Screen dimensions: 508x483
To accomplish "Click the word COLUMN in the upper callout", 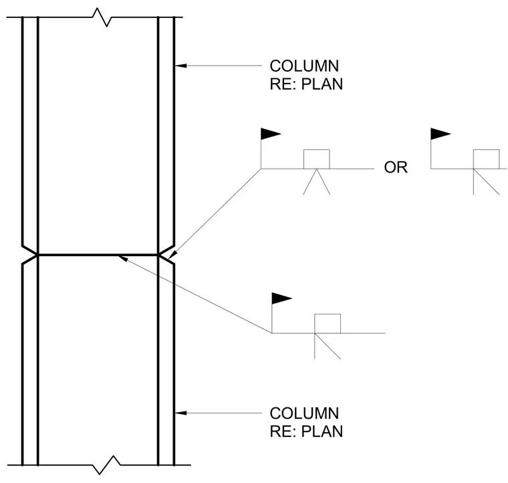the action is [x=304, y=66].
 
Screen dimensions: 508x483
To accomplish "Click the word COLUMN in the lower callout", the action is [x=304, y=413].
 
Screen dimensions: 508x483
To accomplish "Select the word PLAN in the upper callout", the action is [x=322, y=84].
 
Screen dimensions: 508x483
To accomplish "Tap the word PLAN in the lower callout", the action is [x=322, y=431].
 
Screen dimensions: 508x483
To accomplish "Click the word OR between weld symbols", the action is [x=396, y=168].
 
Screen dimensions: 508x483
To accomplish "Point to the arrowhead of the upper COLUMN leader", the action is [x=180, y=66].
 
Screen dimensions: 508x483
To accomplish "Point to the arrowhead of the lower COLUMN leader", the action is [x=180, y=413].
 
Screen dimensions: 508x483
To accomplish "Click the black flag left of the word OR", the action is [x=271, y=134].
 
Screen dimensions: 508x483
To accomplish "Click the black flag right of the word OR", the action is [x=440, y=134].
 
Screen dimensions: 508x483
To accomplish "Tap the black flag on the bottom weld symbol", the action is [x=281, y=298].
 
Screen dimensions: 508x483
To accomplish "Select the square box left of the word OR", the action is [x=317, y=159].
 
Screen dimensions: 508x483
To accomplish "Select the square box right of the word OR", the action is [x=487, y=159].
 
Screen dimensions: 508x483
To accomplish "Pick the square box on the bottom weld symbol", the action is [x=328, y=324].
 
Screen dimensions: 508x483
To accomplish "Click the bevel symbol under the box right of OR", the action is [x=486, y=181].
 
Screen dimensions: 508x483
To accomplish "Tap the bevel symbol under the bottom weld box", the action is [x=328, y=346].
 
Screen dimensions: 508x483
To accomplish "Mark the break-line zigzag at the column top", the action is [x=102, y=17].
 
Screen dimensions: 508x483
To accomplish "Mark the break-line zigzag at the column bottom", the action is [x=106, y=465].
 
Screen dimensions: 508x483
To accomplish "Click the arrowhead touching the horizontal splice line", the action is [x=123, y=258].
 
